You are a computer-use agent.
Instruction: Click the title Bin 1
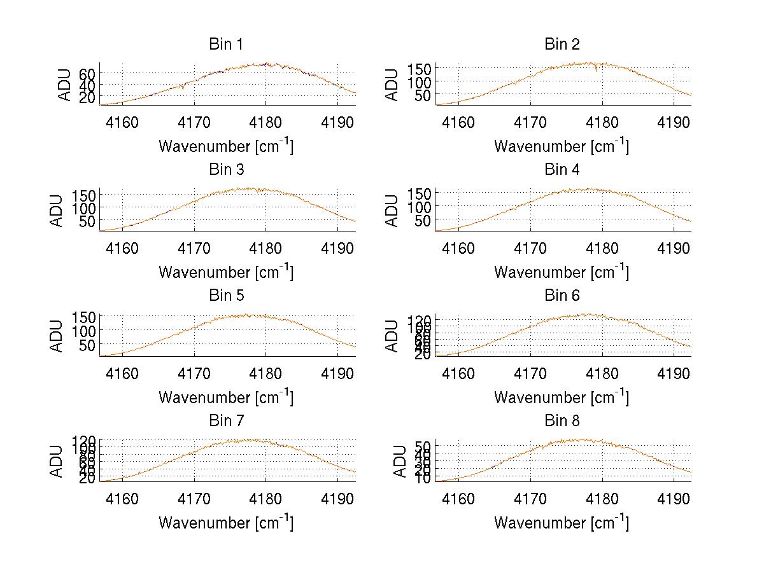[x=226, y=44]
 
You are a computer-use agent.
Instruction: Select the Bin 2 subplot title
[x=562, y=44]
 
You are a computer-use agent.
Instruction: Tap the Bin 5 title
[x=226, y=295]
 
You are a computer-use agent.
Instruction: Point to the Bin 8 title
[x=562, y=420]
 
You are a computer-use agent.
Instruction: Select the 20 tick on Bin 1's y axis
[x=87, y=96]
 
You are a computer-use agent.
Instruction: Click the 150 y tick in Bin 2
[x=419, y=68]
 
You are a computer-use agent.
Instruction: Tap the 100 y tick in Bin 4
[x=419, y=207]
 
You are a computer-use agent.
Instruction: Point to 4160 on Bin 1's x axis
[x=122, y=122]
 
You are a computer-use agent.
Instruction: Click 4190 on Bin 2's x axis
[x=674, y=122]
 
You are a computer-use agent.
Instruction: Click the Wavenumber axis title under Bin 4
[x=561, y=272]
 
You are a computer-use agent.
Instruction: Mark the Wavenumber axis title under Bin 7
[x=225, y=523]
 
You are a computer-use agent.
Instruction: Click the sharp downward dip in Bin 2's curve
[x=596, y=71]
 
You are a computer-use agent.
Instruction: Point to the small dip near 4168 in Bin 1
[x=183, y=88]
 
